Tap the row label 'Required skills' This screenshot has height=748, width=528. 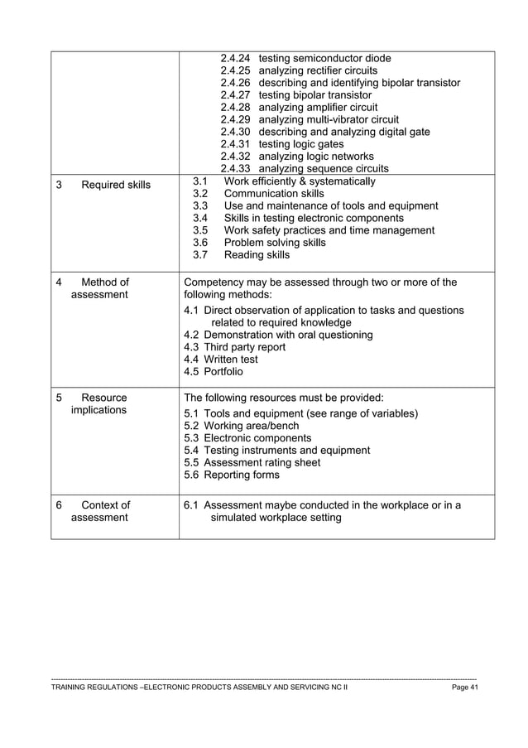(116, 185)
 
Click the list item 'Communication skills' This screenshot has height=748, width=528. (274, 194)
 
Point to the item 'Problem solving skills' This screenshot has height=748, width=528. (275, 243)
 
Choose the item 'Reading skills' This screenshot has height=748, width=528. (257, 255)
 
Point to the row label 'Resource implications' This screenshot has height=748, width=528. (99, 403)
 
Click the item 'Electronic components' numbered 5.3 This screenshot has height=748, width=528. (257, 438)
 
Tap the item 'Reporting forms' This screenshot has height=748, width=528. (242, 475)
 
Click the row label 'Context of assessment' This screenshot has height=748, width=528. (99, 511)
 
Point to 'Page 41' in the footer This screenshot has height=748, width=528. (464, 688)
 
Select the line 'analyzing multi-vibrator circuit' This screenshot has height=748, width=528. (329, 119)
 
